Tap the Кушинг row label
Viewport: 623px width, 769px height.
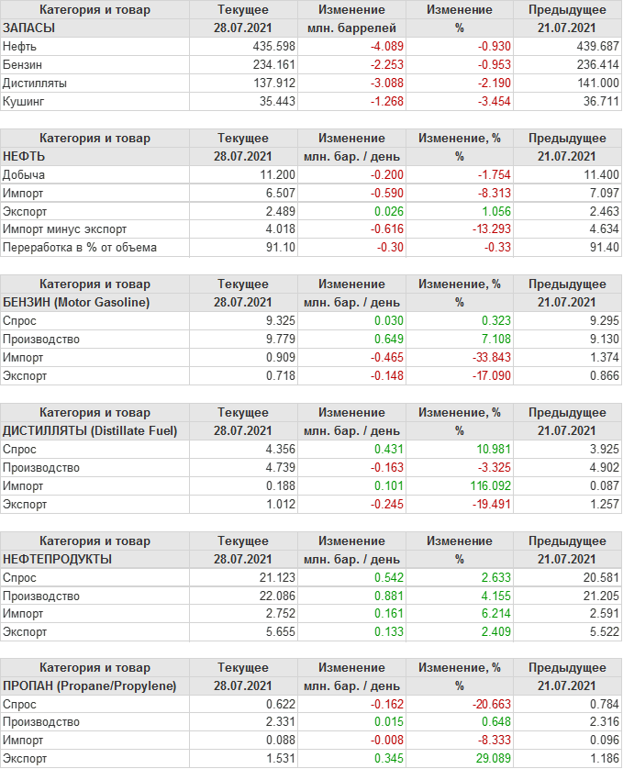click(24, 101)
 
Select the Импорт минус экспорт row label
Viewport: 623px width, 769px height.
click(65, 229)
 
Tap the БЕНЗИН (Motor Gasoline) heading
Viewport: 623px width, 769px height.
click(77, 302)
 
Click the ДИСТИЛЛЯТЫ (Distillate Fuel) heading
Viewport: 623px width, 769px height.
click(90, 430)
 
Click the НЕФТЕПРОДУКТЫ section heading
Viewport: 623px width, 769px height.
click(58, 559)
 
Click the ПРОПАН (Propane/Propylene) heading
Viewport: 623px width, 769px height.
click(90, 686)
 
